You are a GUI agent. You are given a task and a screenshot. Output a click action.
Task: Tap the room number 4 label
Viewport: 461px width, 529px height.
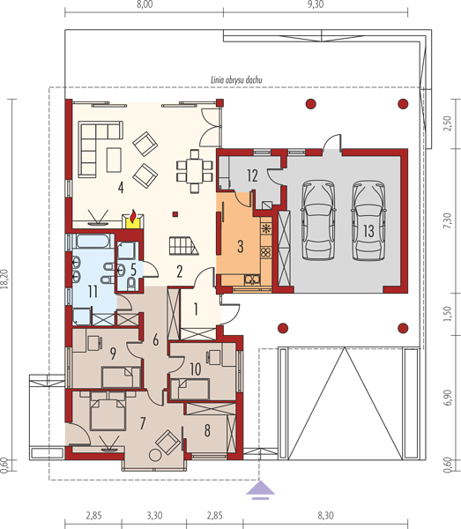(x=121, y=188)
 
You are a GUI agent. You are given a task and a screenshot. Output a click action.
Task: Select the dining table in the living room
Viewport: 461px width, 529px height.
(x=195, y=171)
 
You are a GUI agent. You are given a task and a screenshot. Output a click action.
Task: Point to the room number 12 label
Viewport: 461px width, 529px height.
(x=252, y=175)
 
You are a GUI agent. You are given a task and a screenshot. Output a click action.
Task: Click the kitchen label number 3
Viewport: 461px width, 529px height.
(x=240, y=247)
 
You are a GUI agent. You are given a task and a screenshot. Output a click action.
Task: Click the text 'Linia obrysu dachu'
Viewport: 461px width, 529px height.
(x=236, y=80)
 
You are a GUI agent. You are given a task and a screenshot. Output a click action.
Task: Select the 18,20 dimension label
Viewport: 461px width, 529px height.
(x=4, y=279)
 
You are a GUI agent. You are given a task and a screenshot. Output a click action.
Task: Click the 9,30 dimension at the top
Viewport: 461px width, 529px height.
(x=316, y=4)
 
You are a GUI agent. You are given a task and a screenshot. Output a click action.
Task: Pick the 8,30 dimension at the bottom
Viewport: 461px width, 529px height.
(x=325, y=516)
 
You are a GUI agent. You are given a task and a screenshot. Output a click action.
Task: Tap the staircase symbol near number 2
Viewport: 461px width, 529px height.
(x=183, y=245)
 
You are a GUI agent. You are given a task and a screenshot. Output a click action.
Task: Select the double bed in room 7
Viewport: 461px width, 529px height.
(x=108, y=411)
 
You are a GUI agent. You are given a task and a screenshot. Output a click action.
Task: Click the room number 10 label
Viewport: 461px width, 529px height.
(x=196, y=369)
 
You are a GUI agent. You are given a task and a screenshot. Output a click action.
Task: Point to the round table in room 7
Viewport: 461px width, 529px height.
(x=155, y=455)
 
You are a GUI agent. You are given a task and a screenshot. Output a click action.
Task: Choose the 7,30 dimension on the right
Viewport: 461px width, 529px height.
(x=447, y=220)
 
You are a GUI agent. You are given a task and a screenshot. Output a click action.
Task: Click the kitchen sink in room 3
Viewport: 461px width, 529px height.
(x=252, y=279)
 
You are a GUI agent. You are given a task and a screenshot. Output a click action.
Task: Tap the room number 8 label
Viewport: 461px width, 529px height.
(x=207, y=431)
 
